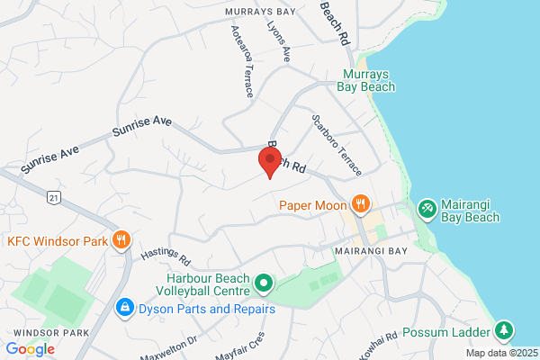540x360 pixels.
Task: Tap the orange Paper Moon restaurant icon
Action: click(360, 202)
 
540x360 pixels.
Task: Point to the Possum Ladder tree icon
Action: click(505, 330)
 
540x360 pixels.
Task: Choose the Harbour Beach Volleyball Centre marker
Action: click(264, 284)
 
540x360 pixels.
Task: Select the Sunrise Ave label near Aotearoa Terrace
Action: click(142, 126)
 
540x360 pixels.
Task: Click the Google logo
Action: click(30, 348)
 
